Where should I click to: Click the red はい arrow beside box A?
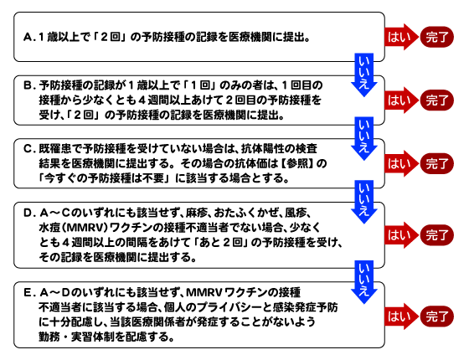[x=401, y=37]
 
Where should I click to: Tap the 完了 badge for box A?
[x=437, y=37]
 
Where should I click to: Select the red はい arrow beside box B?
[x=401, y=100]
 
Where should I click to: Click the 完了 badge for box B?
[x=437, y=100]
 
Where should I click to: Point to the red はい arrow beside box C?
[x=401, y=163]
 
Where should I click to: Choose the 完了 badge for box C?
[x=437, y=164]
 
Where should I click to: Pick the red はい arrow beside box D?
[x=401, y=235]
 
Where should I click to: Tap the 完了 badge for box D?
[x=437, y=235]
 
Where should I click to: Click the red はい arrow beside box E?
[x=401, y=316]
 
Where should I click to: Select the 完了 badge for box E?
[x=437, y=316]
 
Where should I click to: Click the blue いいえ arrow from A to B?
[x=364, y=75]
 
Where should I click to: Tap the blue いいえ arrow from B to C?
[x=364, y=138]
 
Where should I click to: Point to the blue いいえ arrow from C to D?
[x=364, y=202]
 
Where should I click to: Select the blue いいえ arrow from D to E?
[x=364, y=282]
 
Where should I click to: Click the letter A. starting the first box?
[x=29, y=38]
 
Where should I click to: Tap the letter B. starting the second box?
[x=29, y=85]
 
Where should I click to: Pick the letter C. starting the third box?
[x=29, y=149]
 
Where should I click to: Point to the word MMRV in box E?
[x=204, y=293]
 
